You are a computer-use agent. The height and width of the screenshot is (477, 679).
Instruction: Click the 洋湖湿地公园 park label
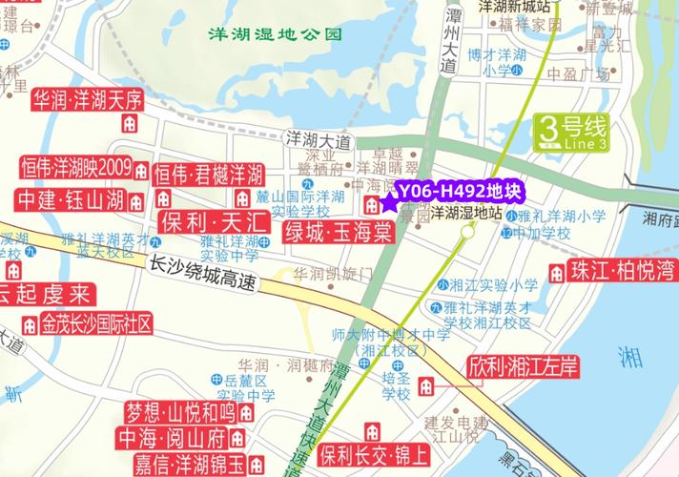point(277,36)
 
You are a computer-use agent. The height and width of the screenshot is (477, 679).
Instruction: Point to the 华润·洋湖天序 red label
point(87,99)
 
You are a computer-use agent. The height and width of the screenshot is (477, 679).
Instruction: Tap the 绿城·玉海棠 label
point(338,233)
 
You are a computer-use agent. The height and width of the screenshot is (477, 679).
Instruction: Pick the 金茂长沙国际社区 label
point(95,323)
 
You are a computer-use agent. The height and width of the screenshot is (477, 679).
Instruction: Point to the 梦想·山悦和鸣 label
point(180,412)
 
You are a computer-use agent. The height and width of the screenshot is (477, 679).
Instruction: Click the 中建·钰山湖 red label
point(71,199)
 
